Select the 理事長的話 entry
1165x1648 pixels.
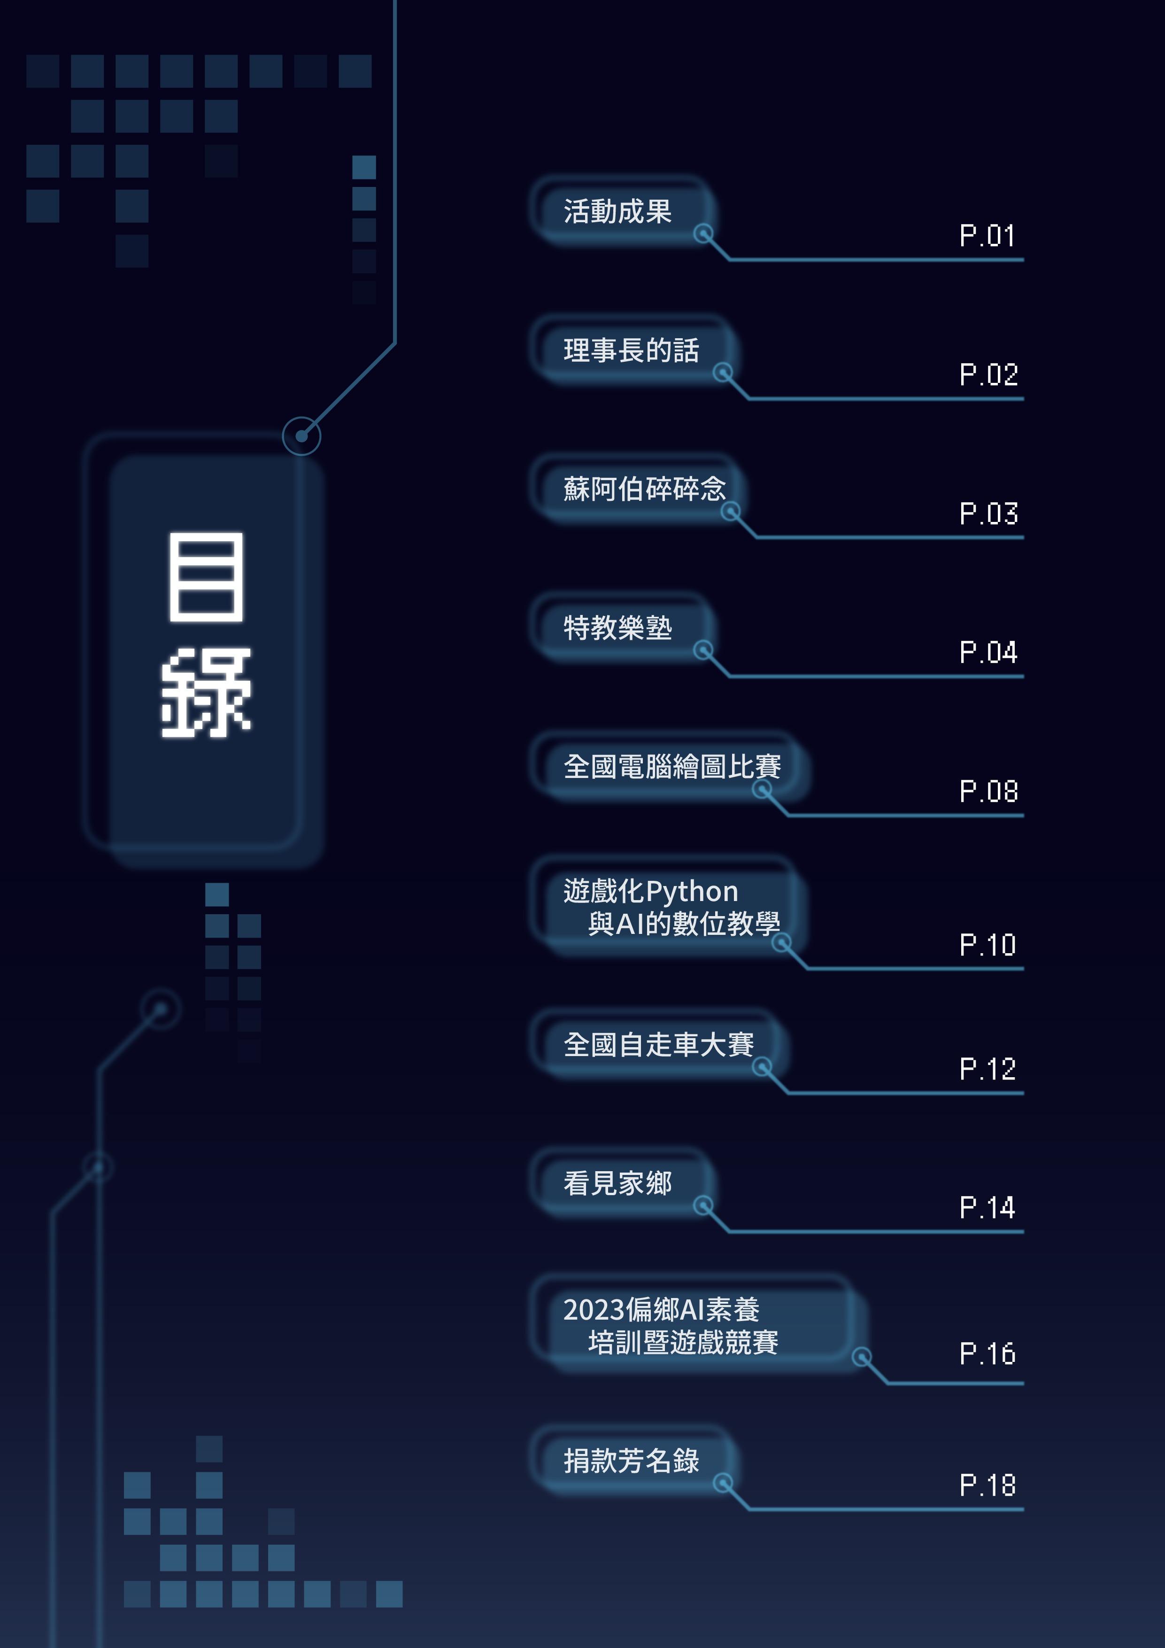pyautogui.click(x=631, y=350)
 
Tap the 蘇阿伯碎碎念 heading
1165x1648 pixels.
pyautogui.click(x=644, y=489)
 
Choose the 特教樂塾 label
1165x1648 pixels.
pyautogui.click(x=617, y=628)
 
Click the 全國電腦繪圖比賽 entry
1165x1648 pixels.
pyautogui.click(x=671, y=767)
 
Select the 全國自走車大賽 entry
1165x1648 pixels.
pyautogui.click(x=658, y=1044)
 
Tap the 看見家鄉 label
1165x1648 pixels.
pyautogui.click(x=617, y=1183)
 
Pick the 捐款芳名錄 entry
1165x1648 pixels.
pyautogui.click(x=631, y=1461)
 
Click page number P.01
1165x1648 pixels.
pyautogui.click(x=987, y=235)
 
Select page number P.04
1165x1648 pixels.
pyautogui.click(x=988, y=652)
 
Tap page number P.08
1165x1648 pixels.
pyautogui.click(x=988, y=791)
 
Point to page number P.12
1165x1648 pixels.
pyautogui.click(x=987, y=1069)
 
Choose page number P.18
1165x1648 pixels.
pyautogui.click(x=987, y=1485)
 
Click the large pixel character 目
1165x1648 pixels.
pyautogui.click(x=206, y=576)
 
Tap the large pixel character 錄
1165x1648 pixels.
pyautogui.click(x=206, y=692)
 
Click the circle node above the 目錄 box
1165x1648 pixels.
pyautogui.click(x=301, y=435)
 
